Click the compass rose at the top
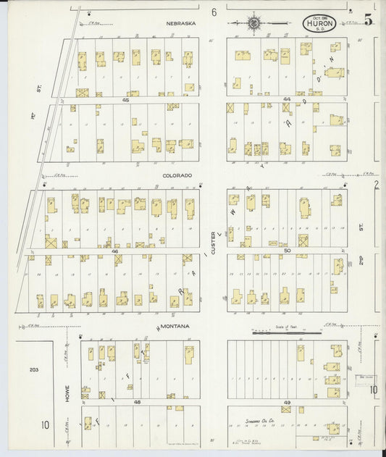[x=254, y=23]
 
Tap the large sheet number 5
[x=369, y=20]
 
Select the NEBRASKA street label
[x=180, y=23]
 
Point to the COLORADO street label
[x=177, y=175]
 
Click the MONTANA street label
[x=175, y=327]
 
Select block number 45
[x=125, y=100]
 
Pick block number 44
[x=287, y=99]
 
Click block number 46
[x=115, y=251]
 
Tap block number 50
[x=287, y=251]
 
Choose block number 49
[x=287, y=402]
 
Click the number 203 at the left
[x=33, y=370]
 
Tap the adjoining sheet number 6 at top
[x=214, y=12]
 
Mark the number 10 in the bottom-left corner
[x=45, y=425]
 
